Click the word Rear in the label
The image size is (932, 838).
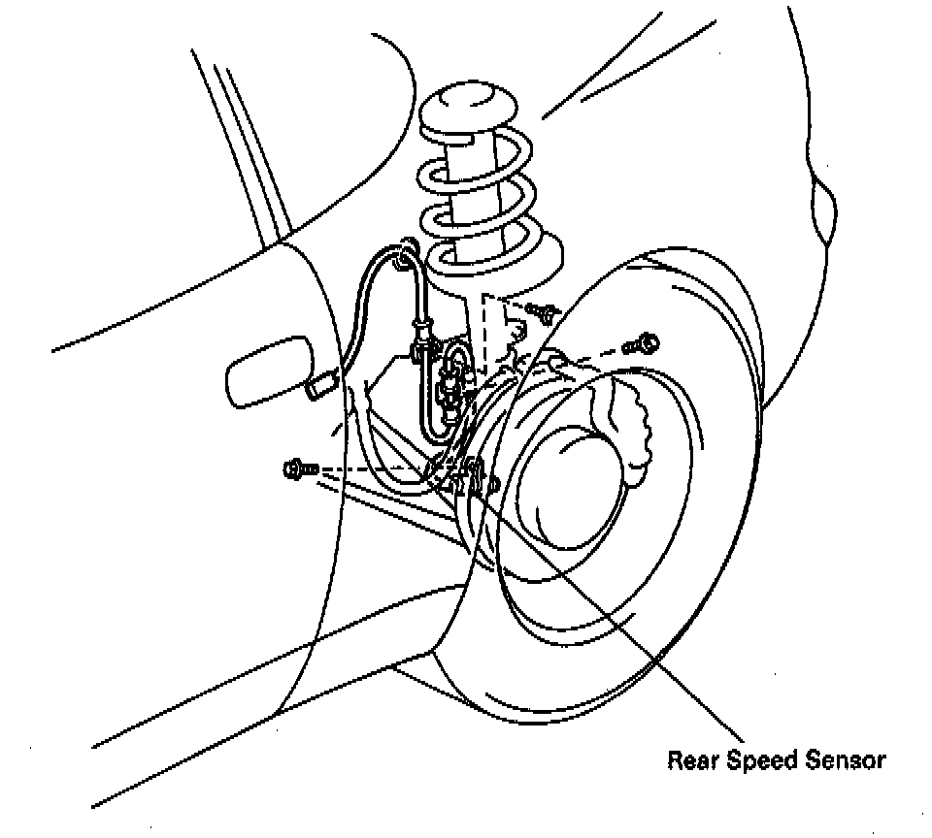coord(690,760)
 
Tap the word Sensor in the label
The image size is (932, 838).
coord(846,760)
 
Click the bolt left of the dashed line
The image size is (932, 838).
coord(299,469)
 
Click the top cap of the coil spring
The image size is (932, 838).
coord(469,109)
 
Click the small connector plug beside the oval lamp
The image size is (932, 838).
coord(320,387)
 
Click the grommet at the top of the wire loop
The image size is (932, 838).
coord(402,258)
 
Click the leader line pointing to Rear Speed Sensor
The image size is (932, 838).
coord(631,630)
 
